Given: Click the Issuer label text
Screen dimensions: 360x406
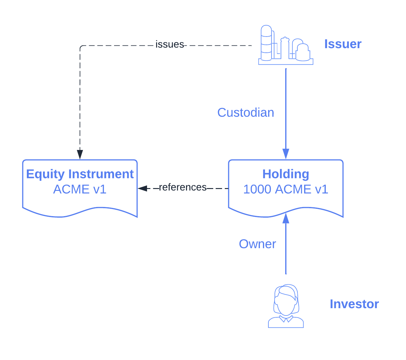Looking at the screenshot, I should tap(343, 44).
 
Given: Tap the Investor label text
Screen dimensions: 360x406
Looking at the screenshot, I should tap(354, 304).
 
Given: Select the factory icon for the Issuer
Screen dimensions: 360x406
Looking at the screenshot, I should tap(286, 46).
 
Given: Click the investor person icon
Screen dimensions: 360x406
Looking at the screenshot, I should tap(286, 306).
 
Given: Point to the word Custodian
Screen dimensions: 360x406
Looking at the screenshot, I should tap(246, 113).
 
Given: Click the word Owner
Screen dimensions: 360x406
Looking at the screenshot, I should tap(257, 244).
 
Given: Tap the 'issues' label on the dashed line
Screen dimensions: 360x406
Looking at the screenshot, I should tap(170, 45).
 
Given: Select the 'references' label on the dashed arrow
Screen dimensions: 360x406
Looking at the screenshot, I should tap(182, 187).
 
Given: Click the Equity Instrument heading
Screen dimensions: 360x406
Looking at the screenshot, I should tap(80, 174).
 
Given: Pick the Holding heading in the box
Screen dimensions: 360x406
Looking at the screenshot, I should tap(286, 174).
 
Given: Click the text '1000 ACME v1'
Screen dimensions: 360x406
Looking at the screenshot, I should tap(286, 189).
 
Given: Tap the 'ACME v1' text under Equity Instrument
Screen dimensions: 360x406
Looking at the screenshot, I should tap(80, 189).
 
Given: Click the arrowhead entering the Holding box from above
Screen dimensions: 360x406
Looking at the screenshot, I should tap(286, 154).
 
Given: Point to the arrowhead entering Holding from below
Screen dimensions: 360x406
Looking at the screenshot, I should tap(286, 219).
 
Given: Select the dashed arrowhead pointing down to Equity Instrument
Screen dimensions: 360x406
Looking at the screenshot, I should tap(80, 154).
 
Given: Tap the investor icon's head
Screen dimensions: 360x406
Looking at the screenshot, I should tap(286, 300).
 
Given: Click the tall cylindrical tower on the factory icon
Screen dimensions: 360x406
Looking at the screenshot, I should tap(266, 43).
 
